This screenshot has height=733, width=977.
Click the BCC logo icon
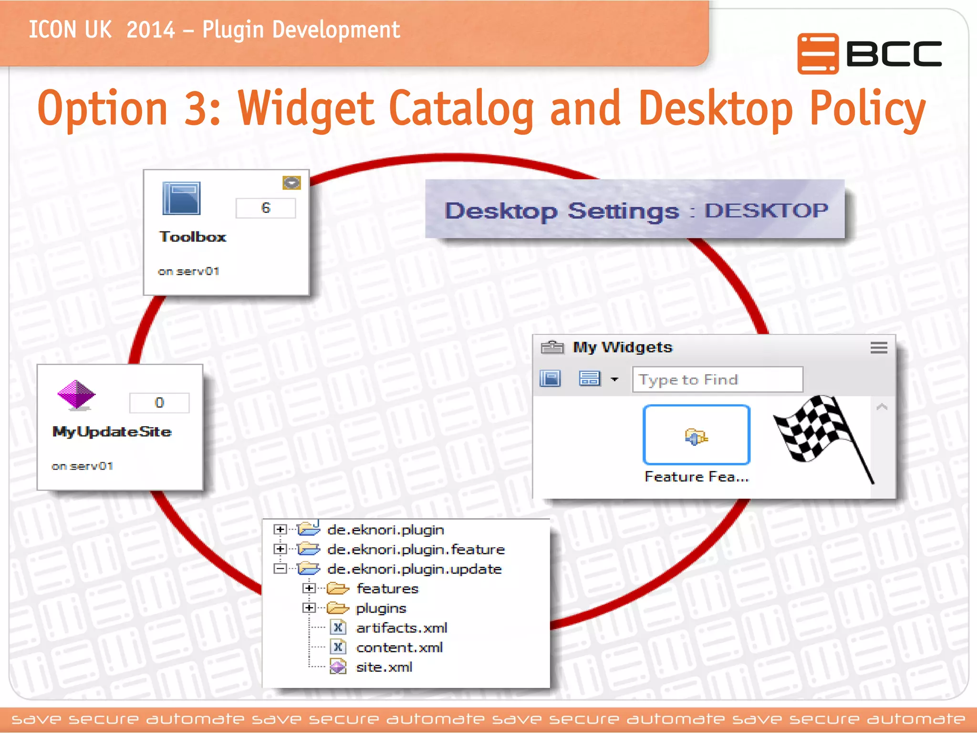tap(818, 53)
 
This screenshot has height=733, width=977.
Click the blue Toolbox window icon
tap(181, 198)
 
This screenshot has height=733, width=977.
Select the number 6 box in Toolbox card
tap(266, 208)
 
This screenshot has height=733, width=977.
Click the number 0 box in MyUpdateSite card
tap(159, 403)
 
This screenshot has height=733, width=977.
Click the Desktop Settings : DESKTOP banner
tap(634, 210)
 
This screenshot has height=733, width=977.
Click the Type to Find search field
tap(717, 380)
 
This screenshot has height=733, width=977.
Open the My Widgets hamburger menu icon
tap(879, 347)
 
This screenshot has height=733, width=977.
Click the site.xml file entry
tap(384, 667)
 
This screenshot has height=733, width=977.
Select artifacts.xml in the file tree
tap(401, 628)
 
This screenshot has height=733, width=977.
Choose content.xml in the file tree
tap(399, 648)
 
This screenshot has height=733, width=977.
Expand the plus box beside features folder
tap(309, 588)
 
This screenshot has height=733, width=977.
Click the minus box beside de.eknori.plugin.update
tap(280, 569)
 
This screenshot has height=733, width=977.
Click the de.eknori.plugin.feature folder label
tap(416, 550)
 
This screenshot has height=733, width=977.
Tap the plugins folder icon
tap(338, 608)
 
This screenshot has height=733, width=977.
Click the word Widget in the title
tap(305, 109)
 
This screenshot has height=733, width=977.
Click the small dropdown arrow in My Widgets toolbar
tap(614, 380)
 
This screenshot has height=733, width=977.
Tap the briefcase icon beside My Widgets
tap(552, 347)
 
